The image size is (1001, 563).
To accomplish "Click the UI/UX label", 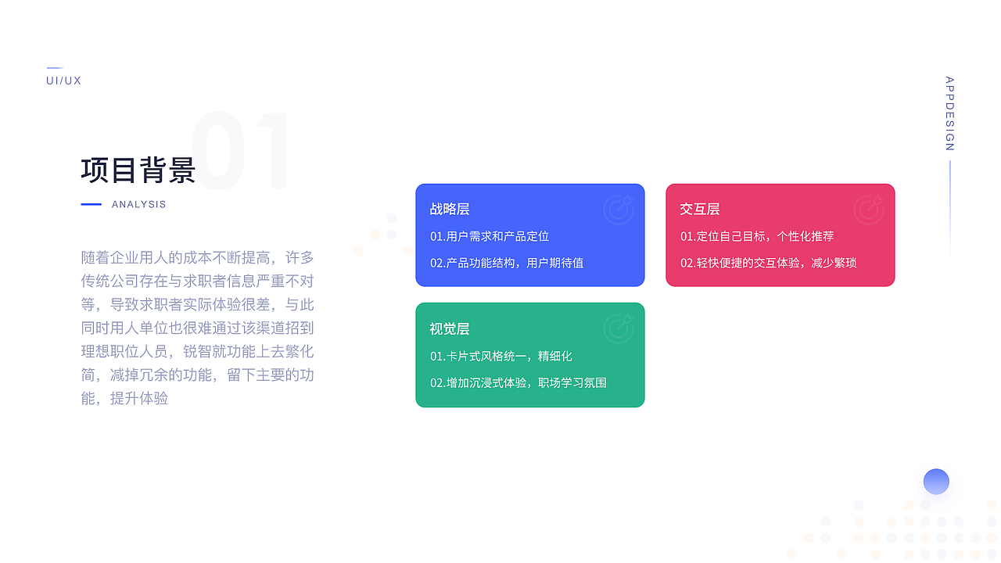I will [x=63, y=81].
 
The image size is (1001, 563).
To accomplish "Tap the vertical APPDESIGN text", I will [x=949, y=113].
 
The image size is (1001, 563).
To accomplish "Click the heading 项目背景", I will [x=138, y=170].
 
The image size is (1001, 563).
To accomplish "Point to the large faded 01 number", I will [x=241, y=152].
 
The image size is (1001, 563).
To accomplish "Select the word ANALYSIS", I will [x=139, y=204].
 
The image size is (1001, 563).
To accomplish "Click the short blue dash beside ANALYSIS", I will [x=91, y=204].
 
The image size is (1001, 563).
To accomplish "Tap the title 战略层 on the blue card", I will [x=450, y=209].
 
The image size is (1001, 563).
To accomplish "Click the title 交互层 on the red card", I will [x=700, y=209].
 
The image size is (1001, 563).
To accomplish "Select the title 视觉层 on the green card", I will [x=450, y=329].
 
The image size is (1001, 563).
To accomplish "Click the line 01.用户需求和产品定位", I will [x=490, y=236].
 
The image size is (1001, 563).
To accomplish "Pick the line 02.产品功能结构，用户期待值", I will [x=507, y=263].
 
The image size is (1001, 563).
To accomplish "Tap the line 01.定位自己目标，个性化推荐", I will [x=757, y=236].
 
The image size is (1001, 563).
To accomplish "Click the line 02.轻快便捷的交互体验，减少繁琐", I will [x=769, y=263].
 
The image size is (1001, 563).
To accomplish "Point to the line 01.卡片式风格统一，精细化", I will [x=501, y=356].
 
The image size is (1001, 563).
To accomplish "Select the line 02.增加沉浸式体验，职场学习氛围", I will [x=518, y=382].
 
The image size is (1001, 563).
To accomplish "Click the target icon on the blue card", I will [x=619, y=210].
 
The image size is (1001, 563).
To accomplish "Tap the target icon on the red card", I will [x=869, y=210].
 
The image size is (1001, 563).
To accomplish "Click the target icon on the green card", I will [x=619, y=329].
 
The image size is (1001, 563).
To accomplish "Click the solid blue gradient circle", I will [x=936, y=482].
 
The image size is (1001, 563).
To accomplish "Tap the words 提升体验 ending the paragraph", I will [x=139, y=398].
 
